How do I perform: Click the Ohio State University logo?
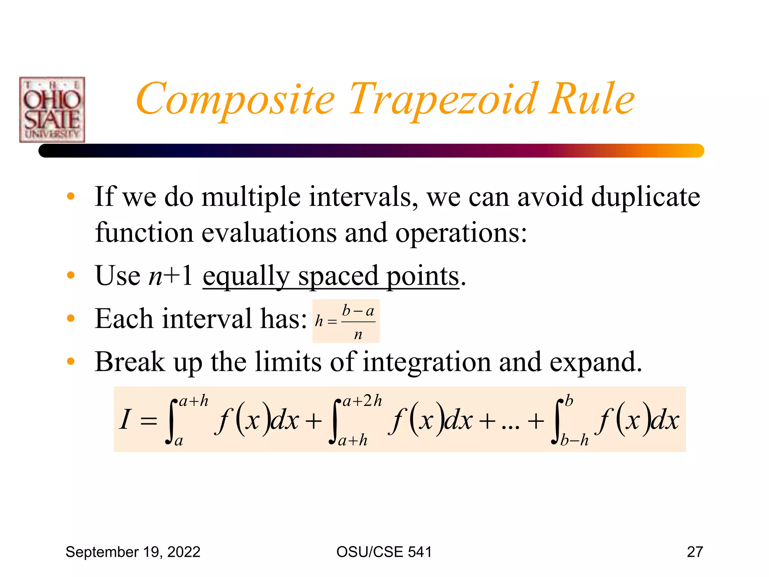52,110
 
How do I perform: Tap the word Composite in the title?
235,99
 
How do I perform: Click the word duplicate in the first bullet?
645,197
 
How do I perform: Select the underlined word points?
423,276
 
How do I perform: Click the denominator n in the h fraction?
358,334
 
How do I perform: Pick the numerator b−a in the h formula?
358,311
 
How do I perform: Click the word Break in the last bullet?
130,362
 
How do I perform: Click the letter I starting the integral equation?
125,419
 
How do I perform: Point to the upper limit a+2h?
362,401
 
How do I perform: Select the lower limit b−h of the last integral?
574,440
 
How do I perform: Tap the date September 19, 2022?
133,552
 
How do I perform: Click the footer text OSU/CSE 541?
384,552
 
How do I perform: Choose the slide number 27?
695,552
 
